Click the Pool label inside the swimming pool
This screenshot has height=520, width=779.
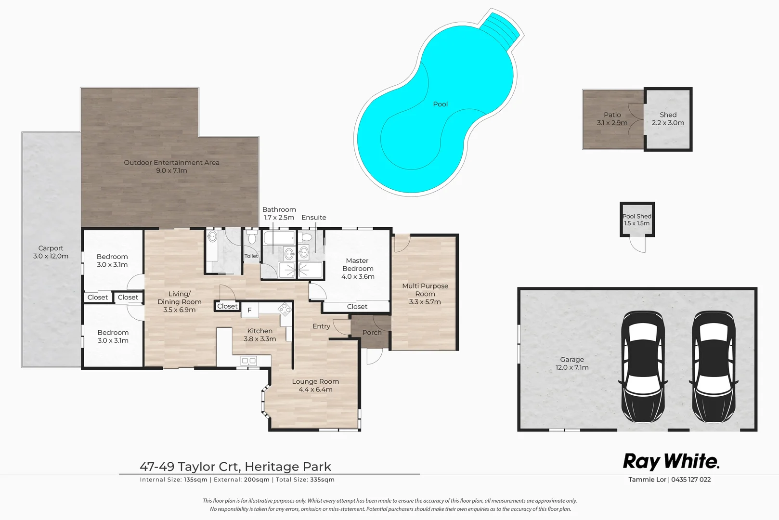440,104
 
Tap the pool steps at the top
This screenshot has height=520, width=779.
503,27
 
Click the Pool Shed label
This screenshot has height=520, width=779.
637,220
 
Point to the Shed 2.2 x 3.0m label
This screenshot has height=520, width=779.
668,118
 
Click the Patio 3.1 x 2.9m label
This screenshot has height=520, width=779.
612,118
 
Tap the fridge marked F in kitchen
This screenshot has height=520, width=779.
249,310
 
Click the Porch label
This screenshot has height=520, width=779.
372,333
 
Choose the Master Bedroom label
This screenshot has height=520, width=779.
358,268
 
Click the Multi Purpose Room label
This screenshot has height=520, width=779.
425,294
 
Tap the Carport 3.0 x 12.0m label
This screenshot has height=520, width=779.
51,252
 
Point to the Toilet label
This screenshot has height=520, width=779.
251,256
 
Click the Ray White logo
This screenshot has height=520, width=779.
671,461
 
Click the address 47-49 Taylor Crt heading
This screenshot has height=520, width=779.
235,467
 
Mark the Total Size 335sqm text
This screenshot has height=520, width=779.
305,480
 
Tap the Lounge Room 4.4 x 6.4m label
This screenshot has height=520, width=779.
315,385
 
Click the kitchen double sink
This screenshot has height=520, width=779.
249,361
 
